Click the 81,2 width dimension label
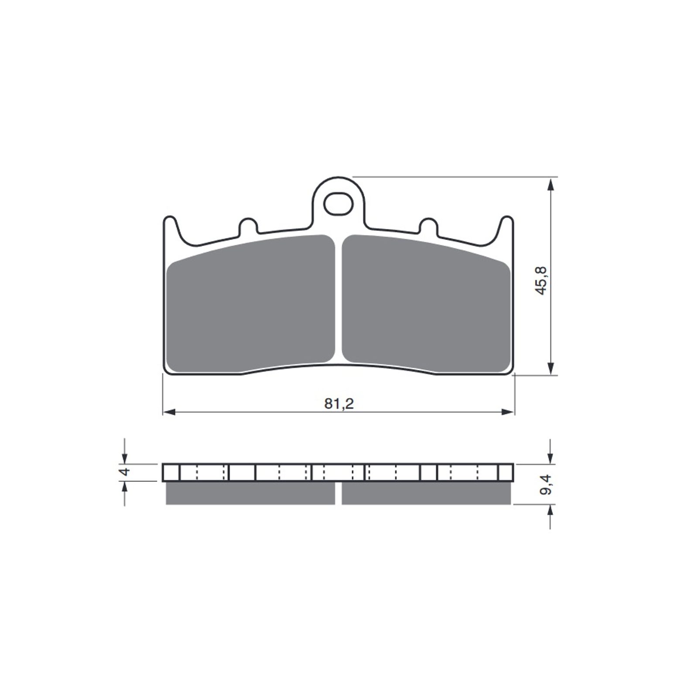pos(339,404)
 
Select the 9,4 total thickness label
pos(544,485)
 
